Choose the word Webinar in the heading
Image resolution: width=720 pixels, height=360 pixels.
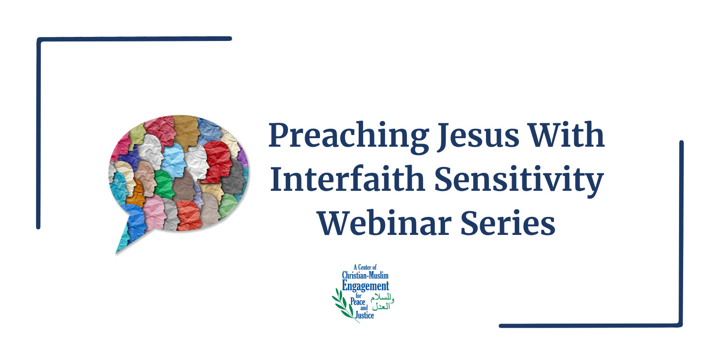click(384, 222)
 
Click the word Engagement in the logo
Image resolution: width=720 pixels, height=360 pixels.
click(365, 286)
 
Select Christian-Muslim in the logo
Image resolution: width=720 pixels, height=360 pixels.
click(365, 275)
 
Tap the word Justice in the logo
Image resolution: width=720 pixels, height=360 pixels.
click(364, 315)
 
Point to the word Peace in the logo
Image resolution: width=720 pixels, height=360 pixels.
click(357, 301)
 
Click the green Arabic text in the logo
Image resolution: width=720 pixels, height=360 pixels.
click(382, 302)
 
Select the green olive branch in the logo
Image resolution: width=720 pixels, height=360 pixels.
click(344, 305)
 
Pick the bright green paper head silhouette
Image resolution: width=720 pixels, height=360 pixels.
click(164, 184)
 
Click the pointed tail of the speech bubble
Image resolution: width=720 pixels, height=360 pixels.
click(117, 253)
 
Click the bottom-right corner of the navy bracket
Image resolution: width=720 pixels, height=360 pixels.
click(680, 325)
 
